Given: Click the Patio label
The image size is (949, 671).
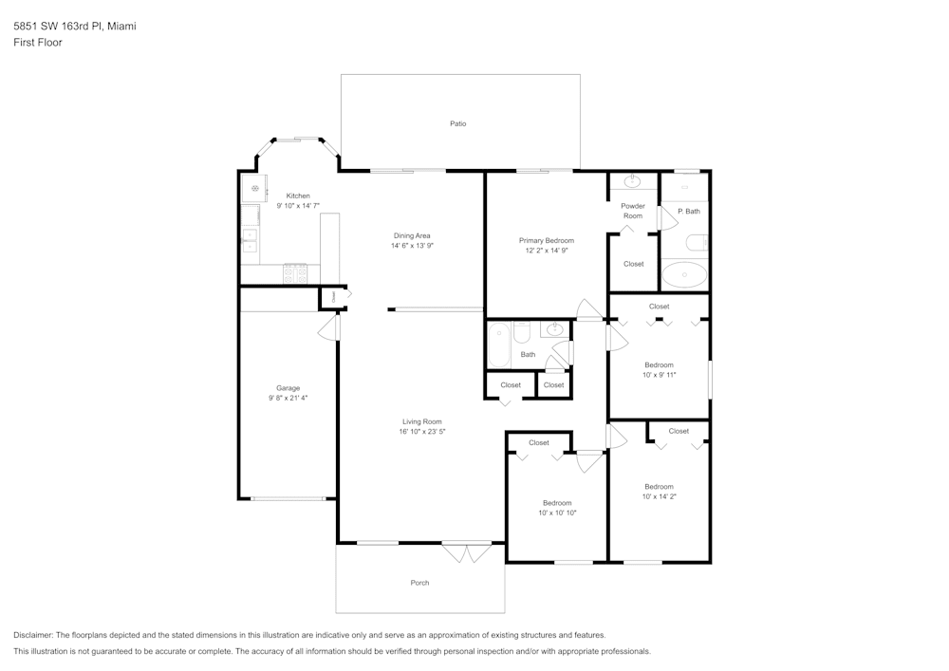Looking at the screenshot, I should click(457, 123).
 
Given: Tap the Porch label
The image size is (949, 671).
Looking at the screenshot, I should click(419, 583).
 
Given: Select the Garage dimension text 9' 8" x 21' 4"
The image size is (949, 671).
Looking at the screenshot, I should click(288, 398).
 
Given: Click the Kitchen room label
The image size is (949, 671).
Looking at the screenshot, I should click(298, 196).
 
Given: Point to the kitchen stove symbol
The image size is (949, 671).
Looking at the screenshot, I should click(295, 274).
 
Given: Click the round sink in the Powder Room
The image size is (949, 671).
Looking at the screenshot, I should click(633, 181).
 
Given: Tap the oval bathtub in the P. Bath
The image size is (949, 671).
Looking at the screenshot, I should click(683, 276).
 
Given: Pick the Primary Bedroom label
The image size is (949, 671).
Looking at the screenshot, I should click(546, 241).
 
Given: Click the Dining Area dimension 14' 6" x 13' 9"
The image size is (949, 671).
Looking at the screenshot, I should click(413, 246).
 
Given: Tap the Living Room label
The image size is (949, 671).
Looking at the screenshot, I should click(421, 421).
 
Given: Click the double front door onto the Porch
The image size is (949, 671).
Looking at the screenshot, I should click(467, 552).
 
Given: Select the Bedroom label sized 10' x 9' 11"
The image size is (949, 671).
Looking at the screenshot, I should click(659, 364).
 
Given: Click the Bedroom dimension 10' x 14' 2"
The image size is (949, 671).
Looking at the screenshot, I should click(659, 496).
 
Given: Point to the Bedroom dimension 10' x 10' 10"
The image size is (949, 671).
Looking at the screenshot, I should click(557, 513).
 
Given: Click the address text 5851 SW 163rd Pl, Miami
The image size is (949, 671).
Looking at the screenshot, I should click(74, 27).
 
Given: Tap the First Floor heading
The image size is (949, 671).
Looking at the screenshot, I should click(38, 43).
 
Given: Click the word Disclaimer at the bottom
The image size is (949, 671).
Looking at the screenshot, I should click(33, 635).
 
